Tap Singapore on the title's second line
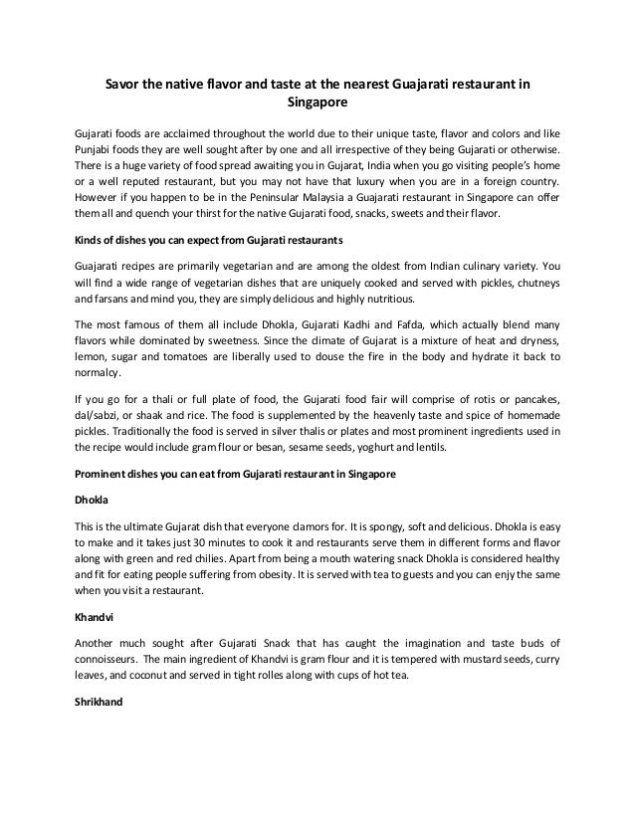click(x=317, y=102)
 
